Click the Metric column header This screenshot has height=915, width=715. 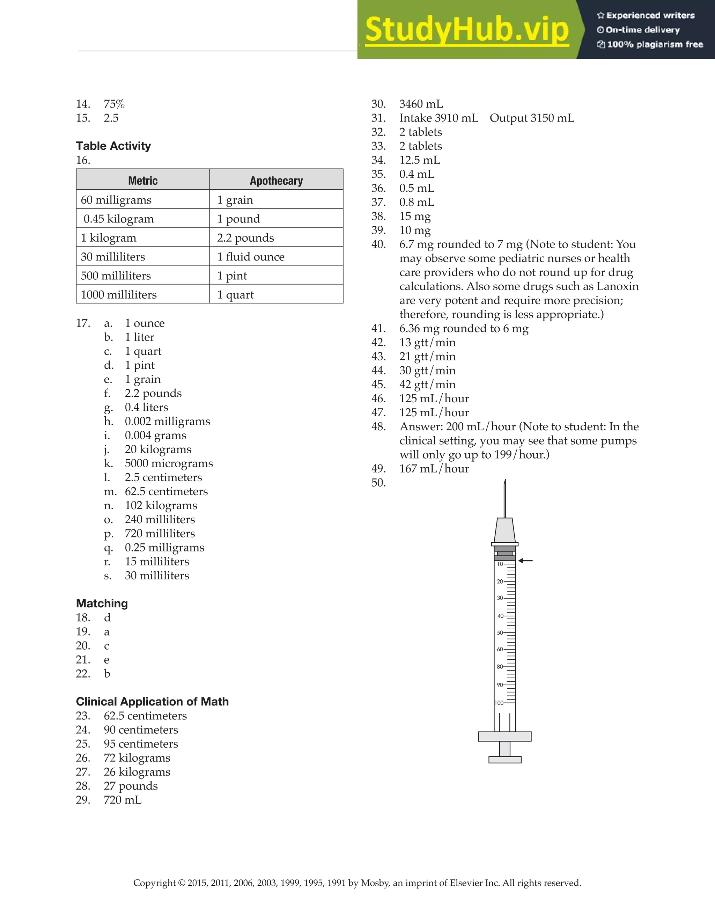143,181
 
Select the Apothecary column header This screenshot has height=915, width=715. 276,181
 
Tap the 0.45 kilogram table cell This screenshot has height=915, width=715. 119,219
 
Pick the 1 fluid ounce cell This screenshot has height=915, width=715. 250,256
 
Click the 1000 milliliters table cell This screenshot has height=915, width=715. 119,294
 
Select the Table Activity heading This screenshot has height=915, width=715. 113,146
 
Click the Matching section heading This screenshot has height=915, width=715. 102,603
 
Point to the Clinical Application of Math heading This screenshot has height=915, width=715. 152,701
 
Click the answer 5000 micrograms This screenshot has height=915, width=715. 169,463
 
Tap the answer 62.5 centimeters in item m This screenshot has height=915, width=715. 166,491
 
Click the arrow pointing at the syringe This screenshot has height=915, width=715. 525,561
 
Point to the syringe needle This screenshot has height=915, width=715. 505,499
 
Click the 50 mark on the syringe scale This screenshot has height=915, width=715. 500,632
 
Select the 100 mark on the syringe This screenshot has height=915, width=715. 499,703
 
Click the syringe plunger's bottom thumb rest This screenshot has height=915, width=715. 505,760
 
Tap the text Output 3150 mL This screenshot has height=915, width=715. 532,118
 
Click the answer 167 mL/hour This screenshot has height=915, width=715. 434,468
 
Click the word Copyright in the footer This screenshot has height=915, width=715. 154,883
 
